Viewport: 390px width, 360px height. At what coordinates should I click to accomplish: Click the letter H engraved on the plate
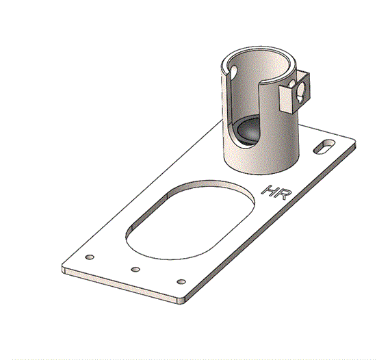pyautogui.click(x=270, y=190)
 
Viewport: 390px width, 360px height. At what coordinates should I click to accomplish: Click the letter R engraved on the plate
pyautogui.click(x=283, y=194)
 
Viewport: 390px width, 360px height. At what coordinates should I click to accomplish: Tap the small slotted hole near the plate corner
pyautogui.click(x=324, y=146)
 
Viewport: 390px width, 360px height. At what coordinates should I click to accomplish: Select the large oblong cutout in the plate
pyautogui.click(x=190, y=220)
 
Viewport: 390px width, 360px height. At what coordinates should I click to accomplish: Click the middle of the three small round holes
pyautogui.click(x=135, y=269)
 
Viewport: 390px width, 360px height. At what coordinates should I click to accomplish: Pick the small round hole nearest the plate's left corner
pyautogui.click(x=90, y=257)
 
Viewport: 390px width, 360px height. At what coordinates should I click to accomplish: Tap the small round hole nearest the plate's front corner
pyautogui.click(x=181, y=281)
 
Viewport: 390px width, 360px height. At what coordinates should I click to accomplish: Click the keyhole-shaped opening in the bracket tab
pyautogui.click(x=301, y=92)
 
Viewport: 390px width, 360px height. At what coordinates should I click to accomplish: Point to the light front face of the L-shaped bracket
pyautogui.click(x=286, y=99)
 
